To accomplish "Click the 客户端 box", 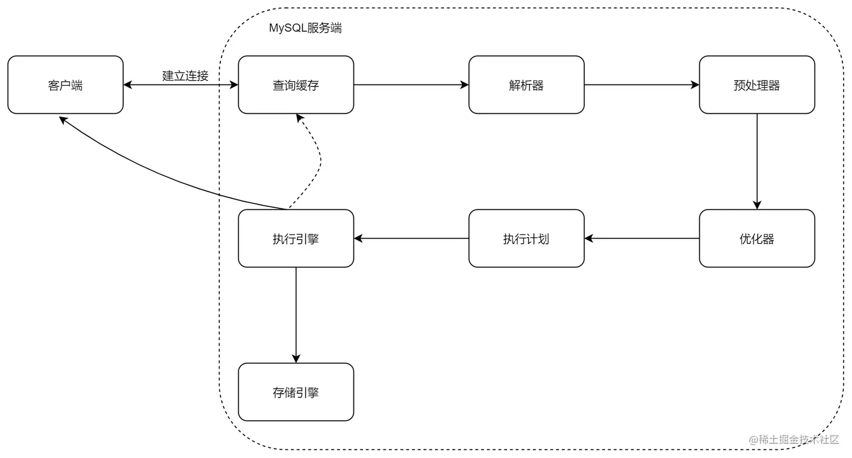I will coord(65,85).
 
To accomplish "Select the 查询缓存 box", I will coord(296,85).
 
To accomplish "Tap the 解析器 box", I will coord(526,85).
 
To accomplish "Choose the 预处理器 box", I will coord(757,85).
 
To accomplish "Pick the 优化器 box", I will coord(757,239).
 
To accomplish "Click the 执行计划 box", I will coord(526,239).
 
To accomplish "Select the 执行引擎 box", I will coord(296,239).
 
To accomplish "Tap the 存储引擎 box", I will coord(296,392).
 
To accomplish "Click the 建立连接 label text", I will coord(185,75).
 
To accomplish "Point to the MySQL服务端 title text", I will coord(305,28).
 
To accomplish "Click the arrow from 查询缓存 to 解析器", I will coord(411,85).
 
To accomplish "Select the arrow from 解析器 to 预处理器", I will coord(642,85).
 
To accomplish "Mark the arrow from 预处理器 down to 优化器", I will coord(757,162).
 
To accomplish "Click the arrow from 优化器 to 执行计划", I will coord(642,239).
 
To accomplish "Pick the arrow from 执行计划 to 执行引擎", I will coord(411,239).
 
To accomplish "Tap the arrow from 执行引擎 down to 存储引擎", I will coord(296,315).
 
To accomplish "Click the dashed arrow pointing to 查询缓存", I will coord(319,161).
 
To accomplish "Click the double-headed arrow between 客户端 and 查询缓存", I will coord(180,86).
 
